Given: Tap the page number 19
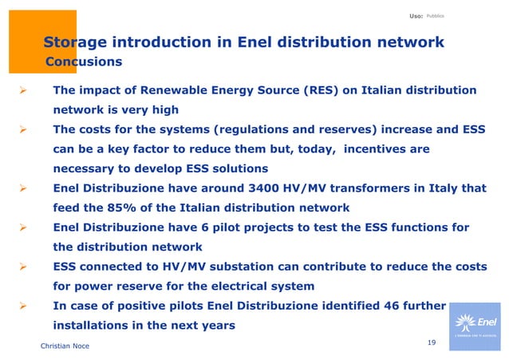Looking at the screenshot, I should pyautogui.click(x=432, y=342).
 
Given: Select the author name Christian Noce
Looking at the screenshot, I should pyautogui.click(x=65, y=346).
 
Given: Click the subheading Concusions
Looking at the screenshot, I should pyautogui.click(x=84, y=61).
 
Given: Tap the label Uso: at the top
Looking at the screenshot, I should pyautogui.click(x=416, y=16).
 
